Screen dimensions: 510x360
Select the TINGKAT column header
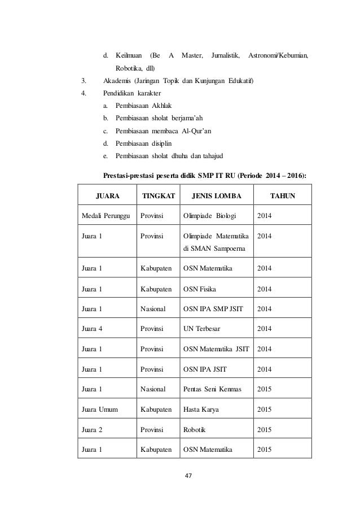pos(158,197)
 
